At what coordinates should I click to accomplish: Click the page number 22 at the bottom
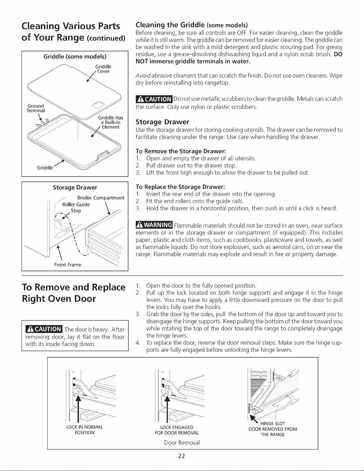click(x=181, y=456)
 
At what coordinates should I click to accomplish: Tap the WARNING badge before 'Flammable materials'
click(x=154, y=225)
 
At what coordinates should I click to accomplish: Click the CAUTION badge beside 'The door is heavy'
click(x=44, y=329)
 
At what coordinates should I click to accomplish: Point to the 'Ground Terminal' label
click(x=36, y=108)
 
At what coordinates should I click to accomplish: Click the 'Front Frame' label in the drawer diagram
click(x=68, y=265)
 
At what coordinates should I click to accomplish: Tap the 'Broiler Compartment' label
click(x=101, y=198)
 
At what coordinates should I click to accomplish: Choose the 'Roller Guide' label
click(x=76, y=204)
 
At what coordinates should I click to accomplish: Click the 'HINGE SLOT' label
click(x=272, y=423)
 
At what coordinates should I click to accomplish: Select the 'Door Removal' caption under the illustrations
click(x=182, y=442)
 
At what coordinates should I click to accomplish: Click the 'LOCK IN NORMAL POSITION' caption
click(x=84, y=430)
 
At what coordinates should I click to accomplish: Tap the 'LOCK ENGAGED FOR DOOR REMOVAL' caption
click(x=177, y=430)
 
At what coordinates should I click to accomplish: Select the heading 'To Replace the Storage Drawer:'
click(x=180, y=187)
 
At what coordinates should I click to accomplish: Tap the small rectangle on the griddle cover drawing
click(x=99, y=105)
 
